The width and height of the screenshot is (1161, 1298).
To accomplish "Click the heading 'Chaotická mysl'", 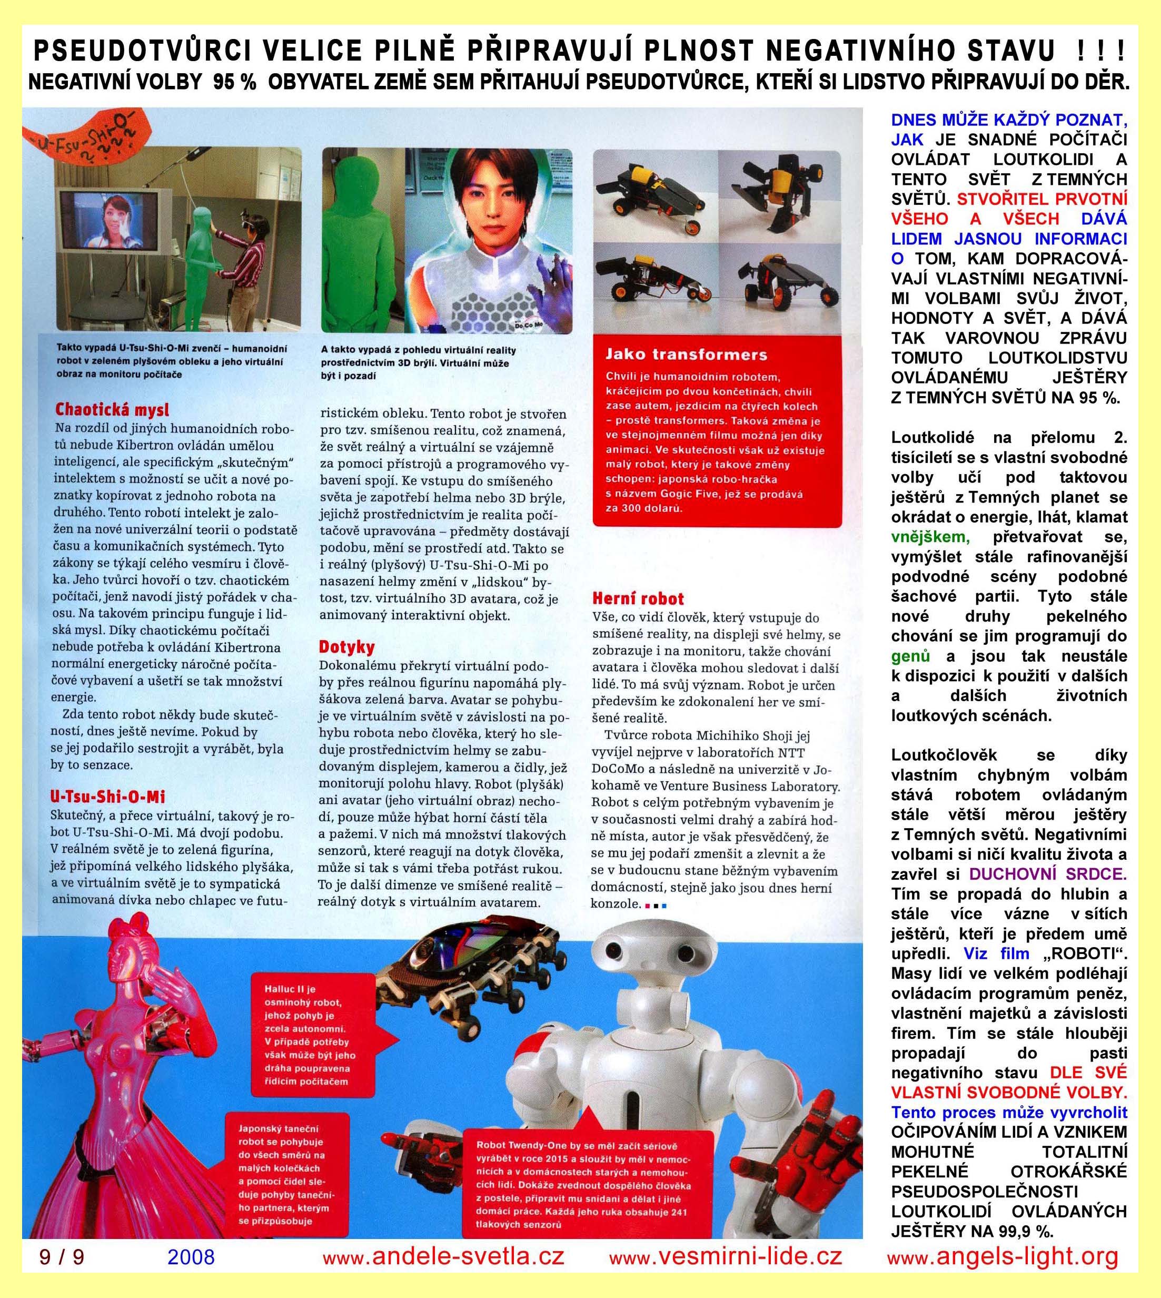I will coord(112,409).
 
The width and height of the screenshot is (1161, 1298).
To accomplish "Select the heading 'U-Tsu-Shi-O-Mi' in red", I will coord(108,796).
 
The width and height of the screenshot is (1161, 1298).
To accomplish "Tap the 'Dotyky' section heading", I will coord(346,647).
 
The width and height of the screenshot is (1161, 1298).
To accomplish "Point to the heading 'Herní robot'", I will coord(638,598).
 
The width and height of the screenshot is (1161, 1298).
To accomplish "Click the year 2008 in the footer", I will coord(191,1256).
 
